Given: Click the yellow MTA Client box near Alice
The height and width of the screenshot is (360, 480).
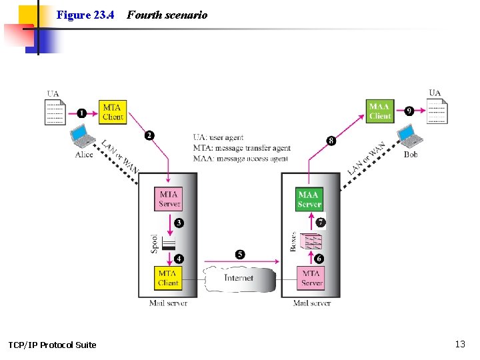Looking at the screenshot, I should (113, 111).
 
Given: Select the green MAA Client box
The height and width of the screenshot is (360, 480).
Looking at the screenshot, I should (380, 111).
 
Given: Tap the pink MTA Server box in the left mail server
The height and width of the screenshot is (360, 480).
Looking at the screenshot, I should (169, 199).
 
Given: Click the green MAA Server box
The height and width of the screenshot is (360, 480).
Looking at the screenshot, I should (309, 199).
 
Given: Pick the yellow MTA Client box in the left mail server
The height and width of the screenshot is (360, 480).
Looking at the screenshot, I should (168, 277).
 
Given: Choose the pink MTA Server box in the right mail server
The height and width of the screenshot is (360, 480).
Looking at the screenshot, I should (311, 277).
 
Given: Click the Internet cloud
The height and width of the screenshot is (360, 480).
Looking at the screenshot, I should (239, 278).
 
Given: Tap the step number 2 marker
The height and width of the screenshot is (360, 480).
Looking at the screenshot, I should (149, 135).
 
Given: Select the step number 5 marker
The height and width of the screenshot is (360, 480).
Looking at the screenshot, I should (240, 254).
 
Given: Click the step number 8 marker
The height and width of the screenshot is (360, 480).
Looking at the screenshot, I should (331, 141).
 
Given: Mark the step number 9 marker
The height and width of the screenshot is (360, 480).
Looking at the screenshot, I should (409, 111).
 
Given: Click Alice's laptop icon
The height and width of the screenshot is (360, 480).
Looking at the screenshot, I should (84, 137).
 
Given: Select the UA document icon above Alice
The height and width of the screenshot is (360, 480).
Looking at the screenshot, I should (55, 112).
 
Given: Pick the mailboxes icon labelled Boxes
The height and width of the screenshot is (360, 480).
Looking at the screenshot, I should (311, 241).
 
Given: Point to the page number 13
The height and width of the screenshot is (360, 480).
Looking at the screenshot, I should (460, 344).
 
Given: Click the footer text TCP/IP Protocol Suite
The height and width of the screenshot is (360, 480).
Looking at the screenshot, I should (52, 345).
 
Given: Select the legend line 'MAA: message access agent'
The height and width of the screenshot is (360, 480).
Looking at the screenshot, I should (241, 159).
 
